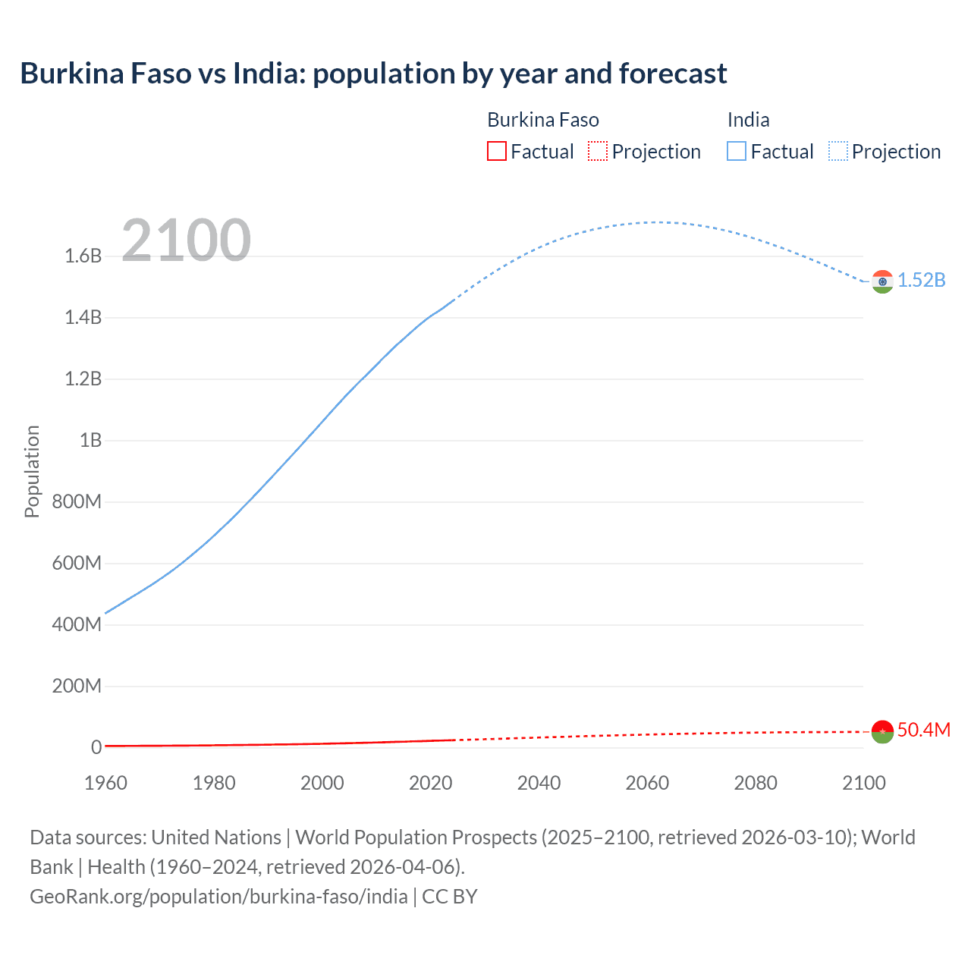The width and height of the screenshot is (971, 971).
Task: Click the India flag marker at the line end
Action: tap(881, 281)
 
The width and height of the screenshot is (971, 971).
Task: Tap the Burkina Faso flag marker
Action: tap(881, 731)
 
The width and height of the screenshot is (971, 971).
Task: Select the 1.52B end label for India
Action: tap(922, 280)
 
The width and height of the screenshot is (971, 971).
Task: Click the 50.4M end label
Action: tap(923, 730)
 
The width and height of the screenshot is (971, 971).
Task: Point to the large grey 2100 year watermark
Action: tap(186, 240)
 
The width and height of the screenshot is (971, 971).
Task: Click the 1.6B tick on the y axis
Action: tap(83, 256)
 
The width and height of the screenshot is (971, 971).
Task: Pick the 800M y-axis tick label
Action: tap(77, 501)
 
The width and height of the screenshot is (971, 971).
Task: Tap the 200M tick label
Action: tap(77, 686)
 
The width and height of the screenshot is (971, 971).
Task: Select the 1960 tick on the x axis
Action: tap(105, 783)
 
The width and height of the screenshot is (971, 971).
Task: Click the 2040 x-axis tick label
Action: tap(539, 783)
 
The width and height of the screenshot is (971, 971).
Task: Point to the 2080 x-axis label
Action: tap(756, 783)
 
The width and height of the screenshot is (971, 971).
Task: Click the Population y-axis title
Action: tap(32, 471)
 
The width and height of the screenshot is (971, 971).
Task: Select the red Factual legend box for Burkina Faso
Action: tap(496, 152)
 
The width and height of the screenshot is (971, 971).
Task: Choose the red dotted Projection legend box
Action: tap(598, 152)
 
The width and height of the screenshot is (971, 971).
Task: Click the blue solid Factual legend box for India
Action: tap(737, 152)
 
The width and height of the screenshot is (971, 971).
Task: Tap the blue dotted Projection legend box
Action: tap(837, 152)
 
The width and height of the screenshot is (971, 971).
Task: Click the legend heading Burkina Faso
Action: tap(543, 120)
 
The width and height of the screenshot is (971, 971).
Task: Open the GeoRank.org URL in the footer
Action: tap(218, 896)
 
